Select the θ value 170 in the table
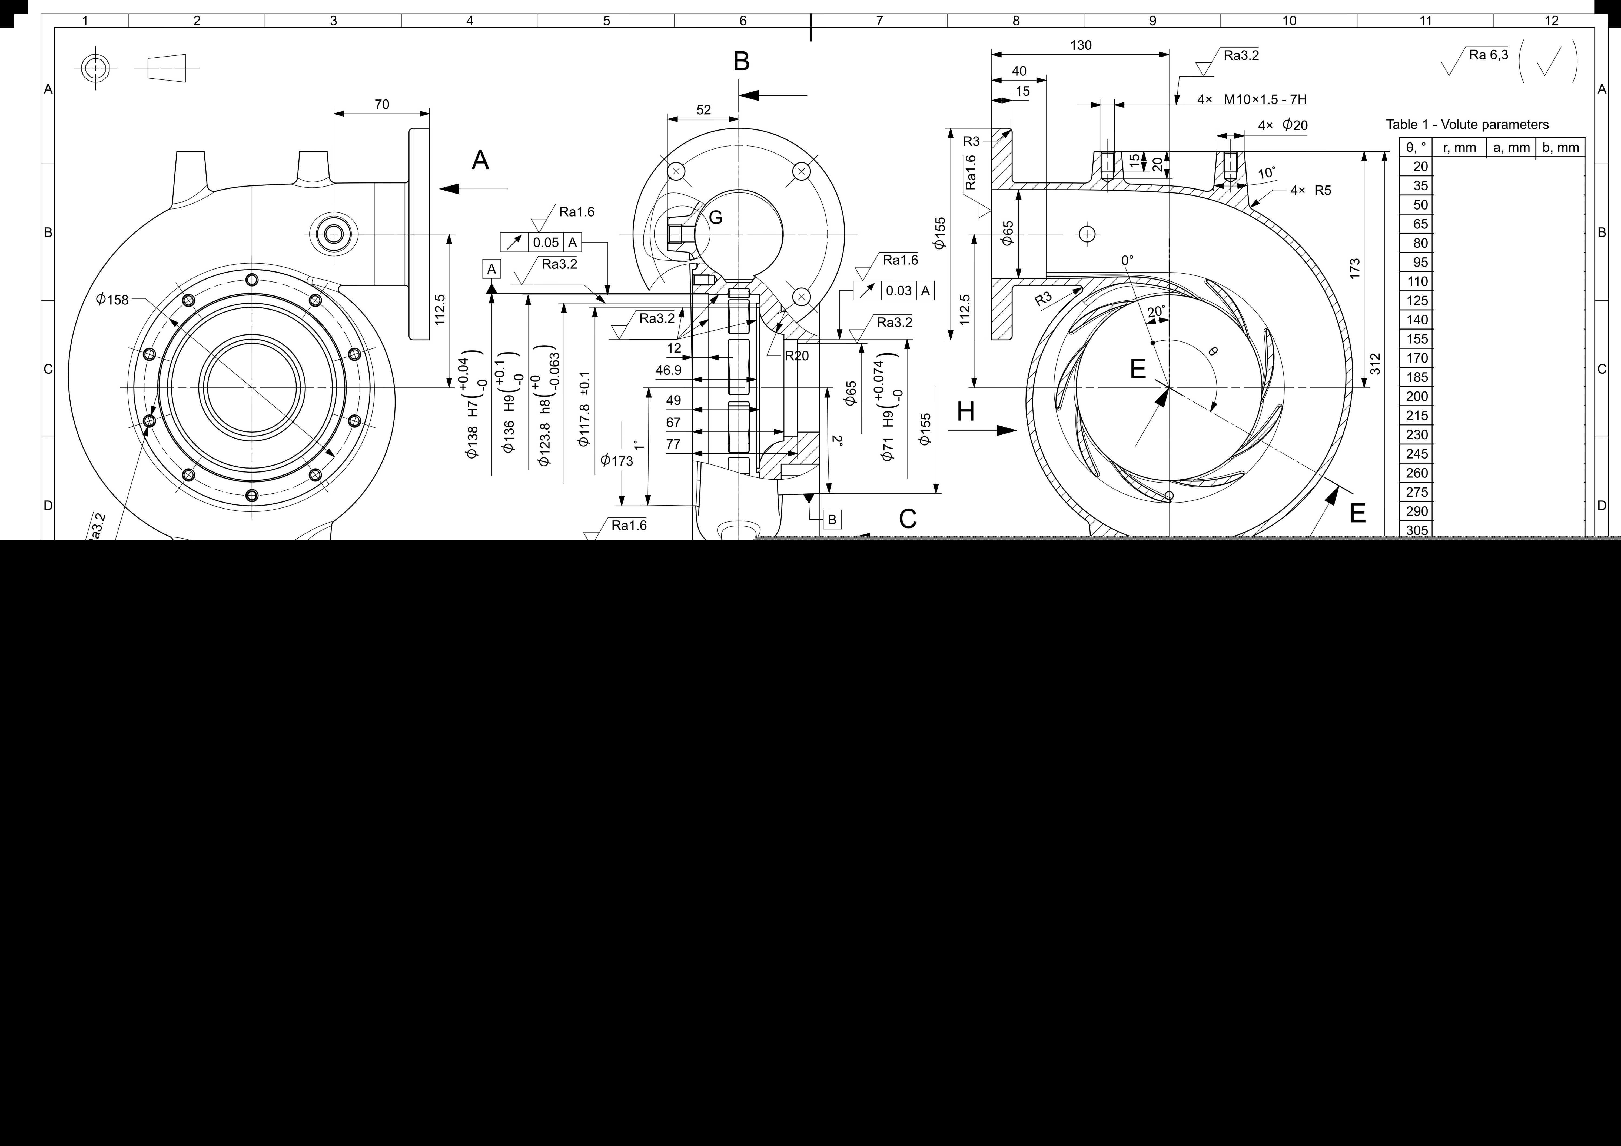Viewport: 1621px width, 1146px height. [x=1417, y=358]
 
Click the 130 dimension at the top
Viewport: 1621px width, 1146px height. [x=1080, y=45]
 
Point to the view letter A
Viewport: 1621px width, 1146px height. [x=480, y=160]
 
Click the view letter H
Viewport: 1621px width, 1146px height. [x=966, y=412]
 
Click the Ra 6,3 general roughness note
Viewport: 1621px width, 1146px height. [x=1488, y=55]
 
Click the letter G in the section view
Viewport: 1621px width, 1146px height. [x=715, y=217]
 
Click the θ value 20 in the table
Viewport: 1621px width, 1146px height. [x=1420, y=167]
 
